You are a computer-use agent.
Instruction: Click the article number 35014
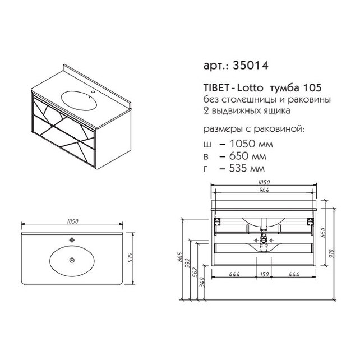tap(251, 66)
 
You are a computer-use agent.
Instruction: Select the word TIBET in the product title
tap(216, 87)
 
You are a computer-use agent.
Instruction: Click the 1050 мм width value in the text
tap(251, 144)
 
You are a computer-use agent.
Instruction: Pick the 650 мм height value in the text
tap(248, 156)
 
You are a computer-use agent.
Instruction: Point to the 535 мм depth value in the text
tap(247, 168)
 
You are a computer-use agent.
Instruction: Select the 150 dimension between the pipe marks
tap(265, 274)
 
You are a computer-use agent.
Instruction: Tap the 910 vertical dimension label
tap(332, 253)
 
